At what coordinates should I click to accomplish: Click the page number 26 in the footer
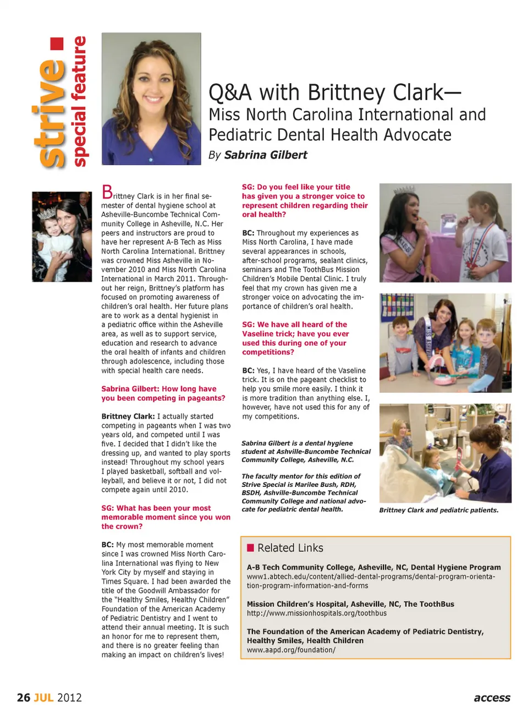tap(24, 698)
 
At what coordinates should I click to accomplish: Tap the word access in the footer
tap(492, 698)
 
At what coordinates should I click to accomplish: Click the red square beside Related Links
tap(250, 547)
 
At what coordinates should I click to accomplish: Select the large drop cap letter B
tap(107, 192)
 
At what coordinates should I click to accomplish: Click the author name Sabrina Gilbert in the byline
tap(266, 155)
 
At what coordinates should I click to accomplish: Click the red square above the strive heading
tap(57, 44)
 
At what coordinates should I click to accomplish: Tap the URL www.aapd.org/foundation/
tap(291, 650)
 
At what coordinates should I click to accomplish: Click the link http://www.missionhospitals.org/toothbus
tap(316, 613)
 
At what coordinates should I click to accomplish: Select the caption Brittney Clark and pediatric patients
tap(438, 510)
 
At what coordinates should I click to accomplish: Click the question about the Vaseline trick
tap(295, 338)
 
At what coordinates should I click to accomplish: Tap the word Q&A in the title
tap(230, 92)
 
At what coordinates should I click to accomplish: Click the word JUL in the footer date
tap(43, 698)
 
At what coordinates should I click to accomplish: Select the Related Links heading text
tap(290, 548)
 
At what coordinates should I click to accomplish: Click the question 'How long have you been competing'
tap(163, 393)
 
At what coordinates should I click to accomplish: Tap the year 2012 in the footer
tap(69, 698)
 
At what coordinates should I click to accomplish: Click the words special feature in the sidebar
tap(80, 101)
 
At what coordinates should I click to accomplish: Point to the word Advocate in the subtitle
tap(417, 135)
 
